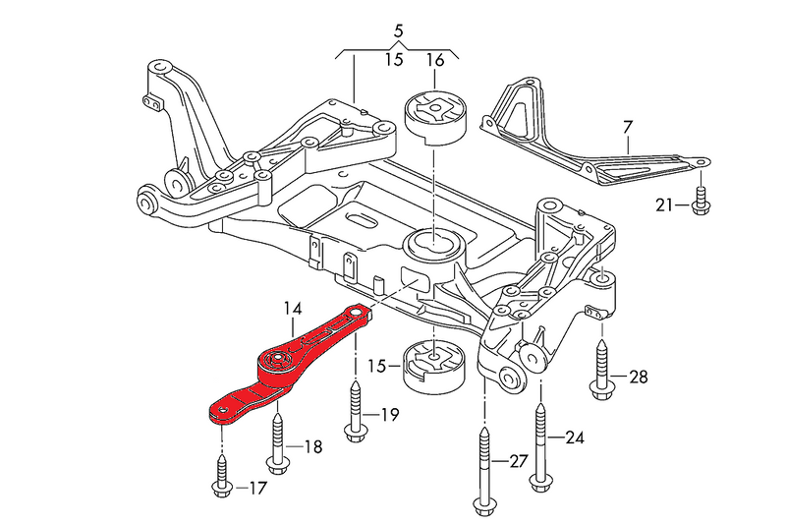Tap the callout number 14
pyautogui.click(x=292, y=309)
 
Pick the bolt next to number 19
pyautogui.click(x=355, y=413)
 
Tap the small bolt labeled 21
pyautogui.click(x=700, y=199)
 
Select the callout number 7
pyautogui.click(x=627, y=126)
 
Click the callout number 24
pyautogui.click(x=573, y=436)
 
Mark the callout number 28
pyautogui.click(x=638, y=377)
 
